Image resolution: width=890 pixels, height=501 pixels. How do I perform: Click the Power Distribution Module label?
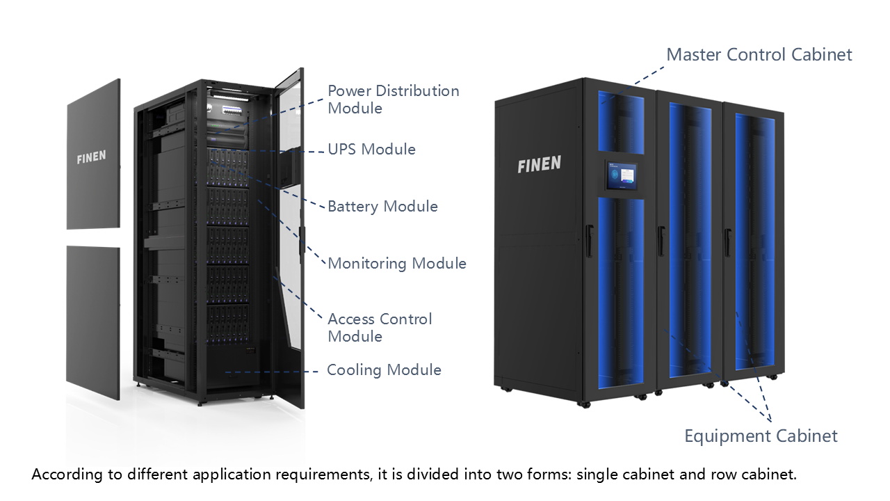393,100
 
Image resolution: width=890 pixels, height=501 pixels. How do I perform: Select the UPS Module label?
371,150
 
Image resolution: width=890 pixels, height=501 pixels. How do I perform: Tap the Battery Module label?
382,207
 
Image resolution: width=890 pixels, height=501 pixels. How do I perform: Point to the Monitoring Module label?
396,264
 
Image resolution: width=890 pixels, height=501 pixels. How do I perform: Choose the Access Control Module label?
380,328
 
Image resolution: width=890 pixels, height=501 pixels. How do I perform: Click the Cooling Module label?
384,370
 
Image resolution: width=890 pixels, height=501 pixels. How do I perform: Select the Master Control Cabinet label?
759,55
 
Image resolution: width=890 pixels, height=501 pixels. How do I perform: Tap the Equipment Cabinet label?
761,436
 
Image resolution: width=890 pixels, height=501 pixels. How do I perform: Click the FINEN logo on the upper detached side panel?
91,157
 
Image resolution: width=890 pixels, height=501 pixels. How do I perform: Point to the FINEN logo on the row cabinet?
539,165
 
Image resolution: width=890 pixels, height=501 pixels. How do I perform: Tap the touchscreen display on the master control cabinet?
621,175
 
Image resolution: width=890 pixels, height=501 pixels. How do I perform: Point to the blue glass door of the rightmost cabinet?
754,244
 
